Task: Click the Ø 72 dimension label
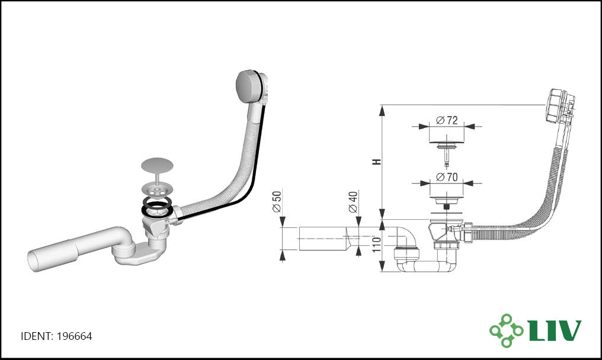[x=447, y=121]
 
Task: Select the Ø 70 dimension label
[x=447, y=177]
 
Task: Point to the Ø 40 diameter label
[x=353, y=202]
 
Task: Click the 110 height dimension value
[x=377, y=245]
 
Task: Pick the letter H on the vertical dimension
[x=377, y=162]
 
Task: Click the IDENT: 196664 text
[x=56, y=336]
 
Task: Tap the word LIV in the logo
[x=555, y=330]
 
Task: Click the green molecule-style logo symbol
[x=506, y=330]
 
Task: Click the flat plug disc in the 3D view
[x=157, y=164]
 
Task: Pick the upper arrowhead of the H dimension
[x=382, y=111]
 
